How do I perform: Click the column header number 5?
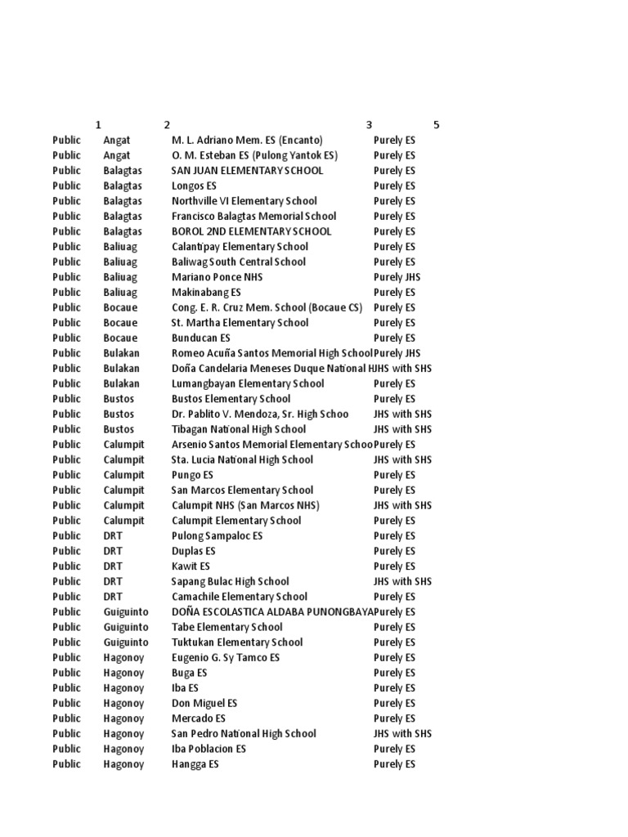click(x=437, y=125)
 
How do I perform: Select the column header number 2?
click(x=167, y=125)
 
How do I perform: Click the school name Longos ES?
click(x=195, y=186)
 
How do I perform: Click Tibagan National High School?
click(x=239, y=429)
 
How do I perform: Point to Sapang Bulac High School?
click(x=231, y=581)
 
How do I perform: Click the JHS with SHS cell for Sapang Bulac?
click(x=402, y=581)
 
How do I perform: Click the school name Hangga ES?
click(x=195, y=763)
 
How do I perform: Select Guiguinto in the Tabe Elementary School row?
click(x=126, y=627)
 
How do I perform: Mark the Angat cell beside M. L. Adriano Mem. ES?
click(x=117, y=140)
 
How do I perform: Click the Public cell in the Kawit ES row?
click(x=67, y=566)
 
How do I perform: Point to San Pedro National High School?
click(x=244, y=733)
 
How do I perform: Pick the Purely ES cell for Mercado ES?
click(x=394, y=718)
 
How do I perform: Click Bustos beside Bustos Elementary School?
click(x=119, y=399)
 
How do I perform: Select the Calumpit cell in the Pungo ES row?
click(x=123, y=475)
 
